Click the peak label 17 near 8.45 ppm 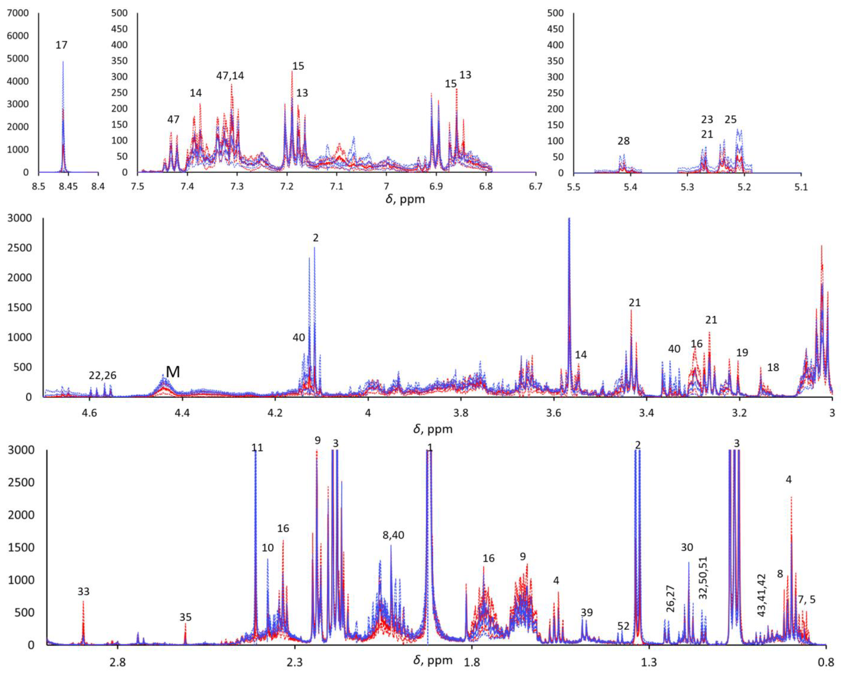tap(61, 45)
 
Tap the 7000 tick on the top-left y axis tap(18, 13)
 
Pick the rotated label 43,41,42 tap(761, 595)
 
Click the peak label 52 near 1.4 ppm tap(623, 626)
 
